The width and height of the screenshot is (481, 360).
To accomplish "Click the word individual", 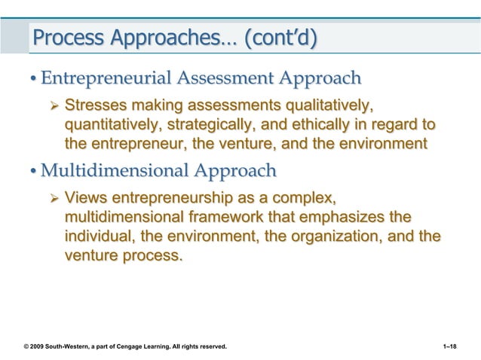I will tap(98, 238).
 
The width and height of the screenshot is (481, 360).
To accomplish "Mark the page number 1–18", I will tap(456, 346).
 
